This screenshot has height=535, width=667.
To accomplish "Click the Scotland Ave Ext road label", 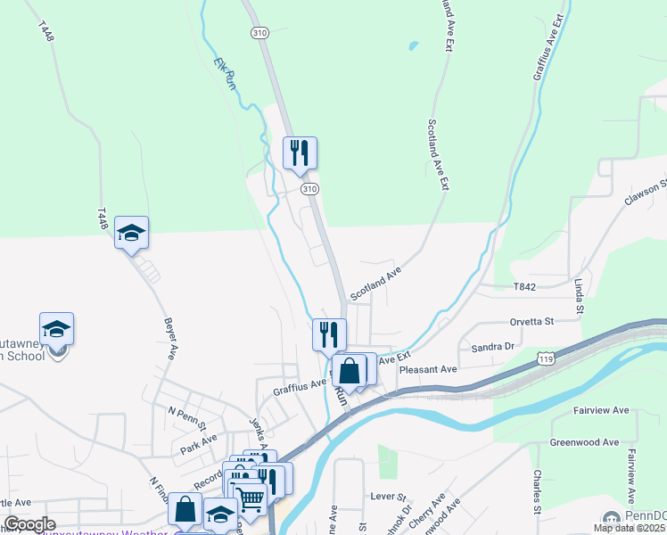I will click(x=438, y=155).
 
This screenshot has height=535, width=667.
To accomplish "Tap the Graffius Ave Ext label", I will click(x=549, y=48).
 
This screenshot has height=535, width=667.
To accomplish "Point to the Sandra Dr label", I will click(x=493, y=346).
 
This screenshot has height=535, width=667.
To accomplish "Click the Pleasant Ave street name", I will click(x=428, y=369).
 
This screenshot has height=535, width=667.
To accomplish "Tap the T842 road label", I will click(x=525, y=286).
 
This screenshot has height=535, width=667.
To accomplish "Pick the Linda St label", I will click(x=579, y=295).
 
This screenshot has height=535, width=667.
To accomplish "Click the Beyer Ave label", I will click(x=169, y=338).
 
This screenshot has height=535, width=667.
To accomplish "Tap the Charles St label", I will click(x=537, y=491).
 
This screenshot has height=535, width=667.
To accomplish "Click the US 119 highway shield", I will click(x=547, y=358).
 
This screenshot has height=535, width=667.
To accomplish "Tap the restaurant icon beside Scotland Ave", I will click(x=329, y=333).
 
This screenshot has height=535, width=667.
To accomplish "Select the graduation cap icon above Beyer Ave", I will click(x=131, y=233).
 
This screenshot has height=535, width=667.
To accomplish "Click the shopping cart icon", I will click(x=250, y=496).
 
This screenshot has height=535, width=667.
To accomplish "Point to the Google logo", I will click(x=29, y=524).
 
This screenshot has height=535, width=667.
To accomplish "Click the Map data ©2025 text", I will click(x=629, y=528).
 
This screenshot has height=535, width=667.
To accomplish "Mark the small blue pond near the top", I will click(x=413, y=45).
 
